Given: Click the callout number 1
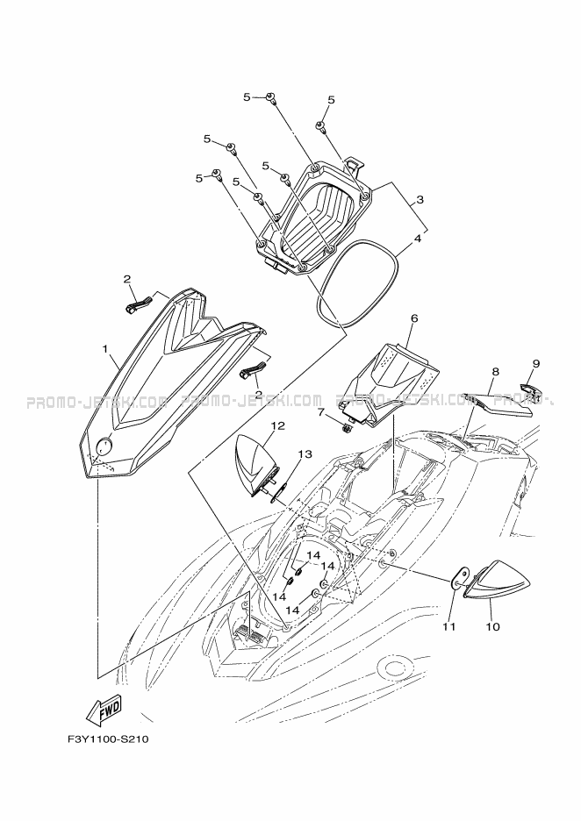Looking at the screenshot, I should pos(104,349).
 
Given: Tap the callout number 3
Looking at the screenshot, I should pos(420,200).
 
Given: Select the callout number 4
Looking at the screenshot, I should pos(417,238).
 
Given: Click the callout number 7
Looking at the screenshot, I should pos(321,410).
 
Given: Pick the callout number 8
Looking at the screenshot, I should pos(495,372).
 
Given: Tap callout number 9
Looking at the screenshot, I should pos(535,363).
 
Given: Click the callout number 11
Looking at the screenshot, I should pos(448,626).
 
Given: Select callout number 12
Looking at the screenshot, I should pos(277,426).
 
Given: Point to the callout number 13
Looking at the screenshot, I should pos(305,454).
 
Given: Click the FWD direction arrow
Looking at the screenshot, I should pos(104,709).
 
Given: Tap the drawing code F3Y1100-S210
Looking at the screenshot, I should pos(110,739).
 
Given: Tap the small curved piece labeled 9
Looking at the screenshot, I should pos(534,389).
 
